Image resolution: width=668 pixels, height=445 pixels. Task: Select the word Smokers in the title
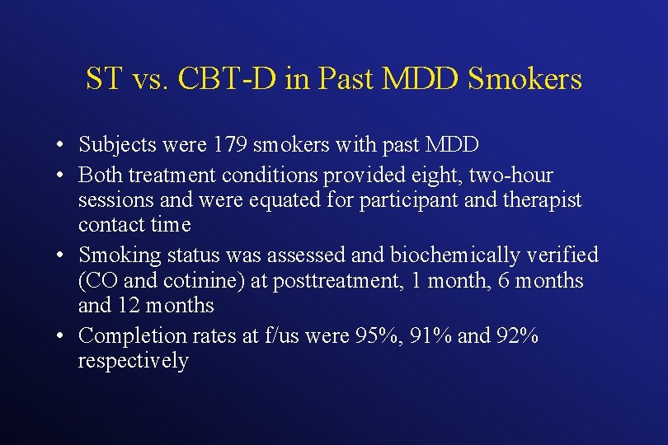point(525,79)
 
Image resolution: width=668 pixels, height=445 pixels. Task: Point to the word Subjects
point(114,145)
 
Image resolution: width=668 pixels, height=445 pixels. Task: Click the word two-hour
point(515,176)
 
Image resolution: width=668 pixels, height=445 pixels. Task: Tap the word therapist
point(539,200)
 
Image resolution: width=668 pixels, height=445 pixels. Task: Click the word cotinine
point(206,281)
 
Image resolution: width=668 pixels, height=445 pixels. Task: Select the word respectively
point(133,361)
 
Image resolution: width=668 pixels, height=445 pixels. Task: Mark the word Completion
point(121,335)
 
